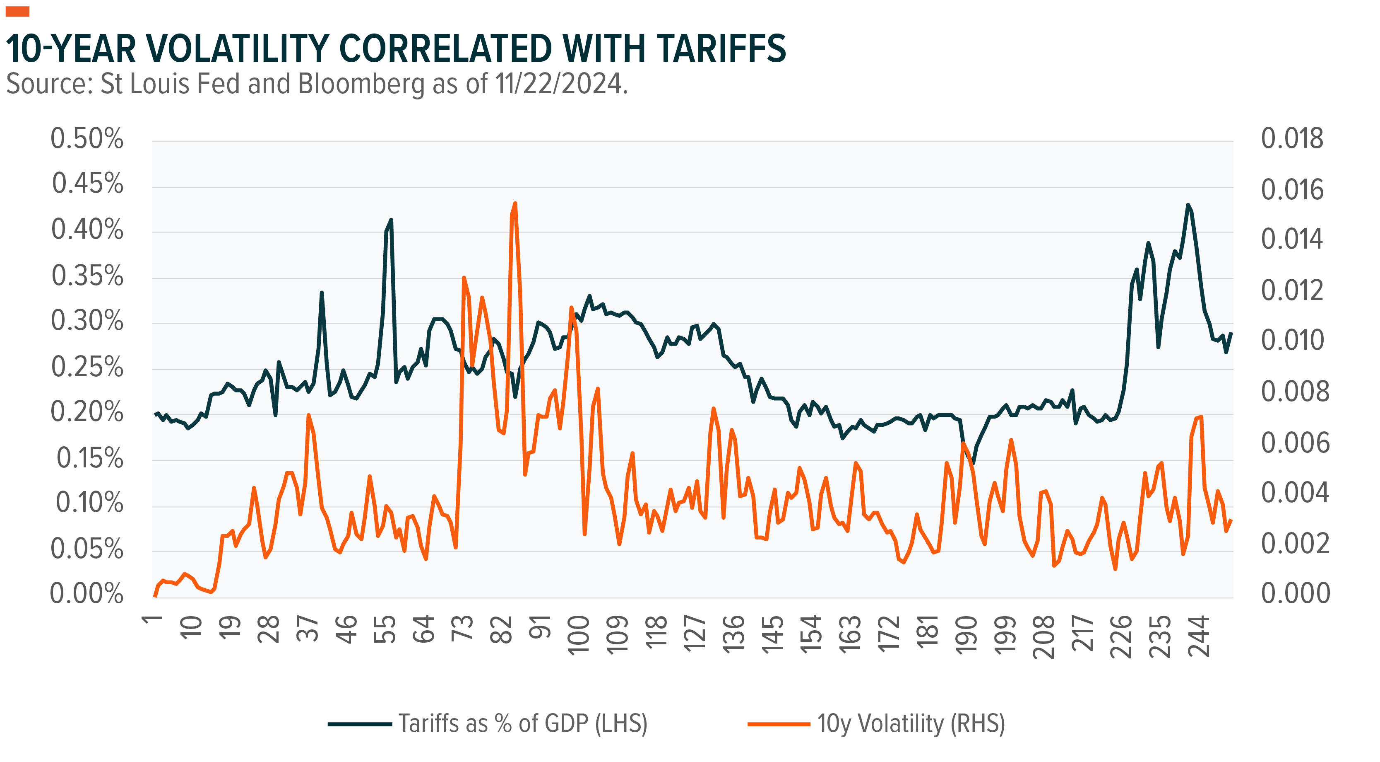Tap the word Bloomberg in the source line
(x=361, y=84)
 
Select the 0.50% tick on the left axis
(x=87, y=139)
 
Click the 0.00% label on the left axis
(x=87, y=594)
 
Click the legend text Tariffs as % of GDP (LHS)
(x=523, y=724)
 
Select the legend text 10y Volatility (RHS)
(x=911, y=724)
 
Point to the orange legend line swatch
(x=779, y=724)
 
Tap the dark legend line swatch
(x=359, y=724)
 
